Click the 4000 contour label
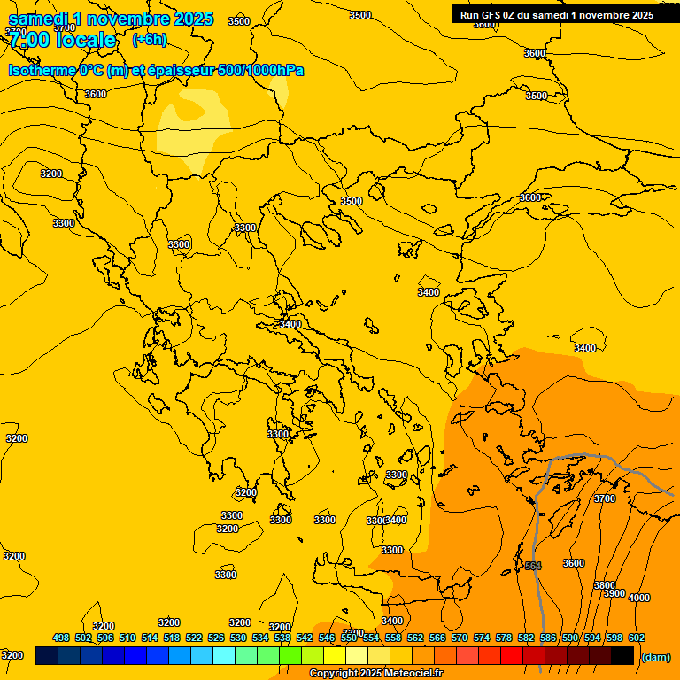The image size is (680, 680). click(x=638, y=598)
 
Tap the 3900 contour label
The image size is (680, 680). click(x=614, y=593)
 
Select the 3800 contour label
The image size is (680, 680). click(x=604, y=585)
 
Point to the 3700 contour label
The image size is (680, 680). click(x=604, y=498)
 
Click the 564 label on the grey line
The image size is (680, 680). click(x=532, y=566)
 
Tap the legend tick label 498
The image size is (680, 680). click(x=61, y=637)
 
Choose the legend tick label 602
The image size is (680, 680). click(x=637, y=637)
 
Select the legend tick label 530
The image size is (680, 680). click(x=238, y=637)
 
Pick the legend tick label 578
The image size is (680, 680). click(x=504, y=637)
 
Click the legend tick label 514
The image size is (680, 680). click(x=150, y=637)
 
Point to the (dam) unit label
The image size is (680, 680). click(x=655, y=656)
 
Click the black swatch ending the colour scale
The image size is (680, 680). click(x=622, y=655)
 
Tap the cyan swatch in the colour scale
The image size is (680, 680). click(x=223, y=655)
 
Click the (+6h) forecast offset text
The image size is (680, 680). click(x=148, y=40)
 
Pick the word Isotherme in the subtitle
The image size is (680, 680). click(x=42, y=70)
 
